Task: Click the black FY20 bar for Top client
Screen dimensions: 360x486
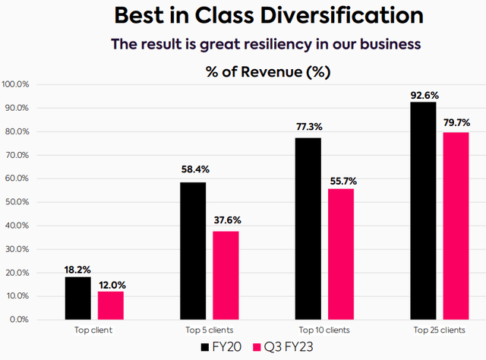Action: tap(77, 298)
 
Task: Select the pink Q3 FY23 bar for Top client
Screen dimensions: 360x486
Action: tap(110, 305)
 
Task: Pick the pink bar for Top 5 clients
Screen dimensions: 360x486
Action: tap(226, 275)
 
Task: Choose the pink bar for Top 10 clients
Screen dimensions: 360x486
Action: tap(340, 254)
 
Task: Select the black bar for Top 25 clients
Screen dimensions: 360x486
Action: tap(423, 210)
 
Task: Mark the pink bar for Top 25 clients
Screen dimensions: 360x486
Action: tap(456, 226)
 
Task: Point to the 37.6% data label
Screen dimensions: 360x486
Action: tap(226, 223)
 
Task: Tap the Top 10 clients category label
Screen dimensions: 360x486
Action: tap(324, 330)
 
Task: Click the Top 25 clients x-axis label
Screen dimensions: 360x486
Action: tap(439, 330)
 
